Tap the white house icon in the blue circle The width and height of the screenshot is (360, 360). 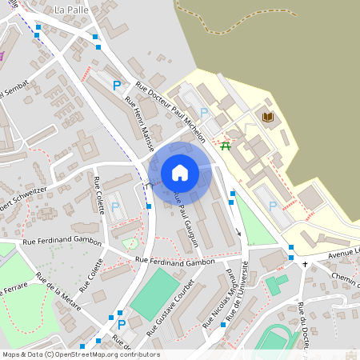tap(180, 173)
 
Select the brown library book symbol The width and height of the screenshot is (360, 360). tap(267, 118)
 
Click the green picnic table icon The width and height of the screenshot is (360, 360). tap(226, 146)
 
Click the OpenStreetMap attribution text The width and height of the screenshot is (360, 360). tap(80, 354)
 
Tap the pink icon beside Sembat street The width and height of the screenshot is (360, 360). tap(2, 55)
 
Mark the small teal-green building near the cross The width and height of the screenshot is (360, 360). tap(276, 284)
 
